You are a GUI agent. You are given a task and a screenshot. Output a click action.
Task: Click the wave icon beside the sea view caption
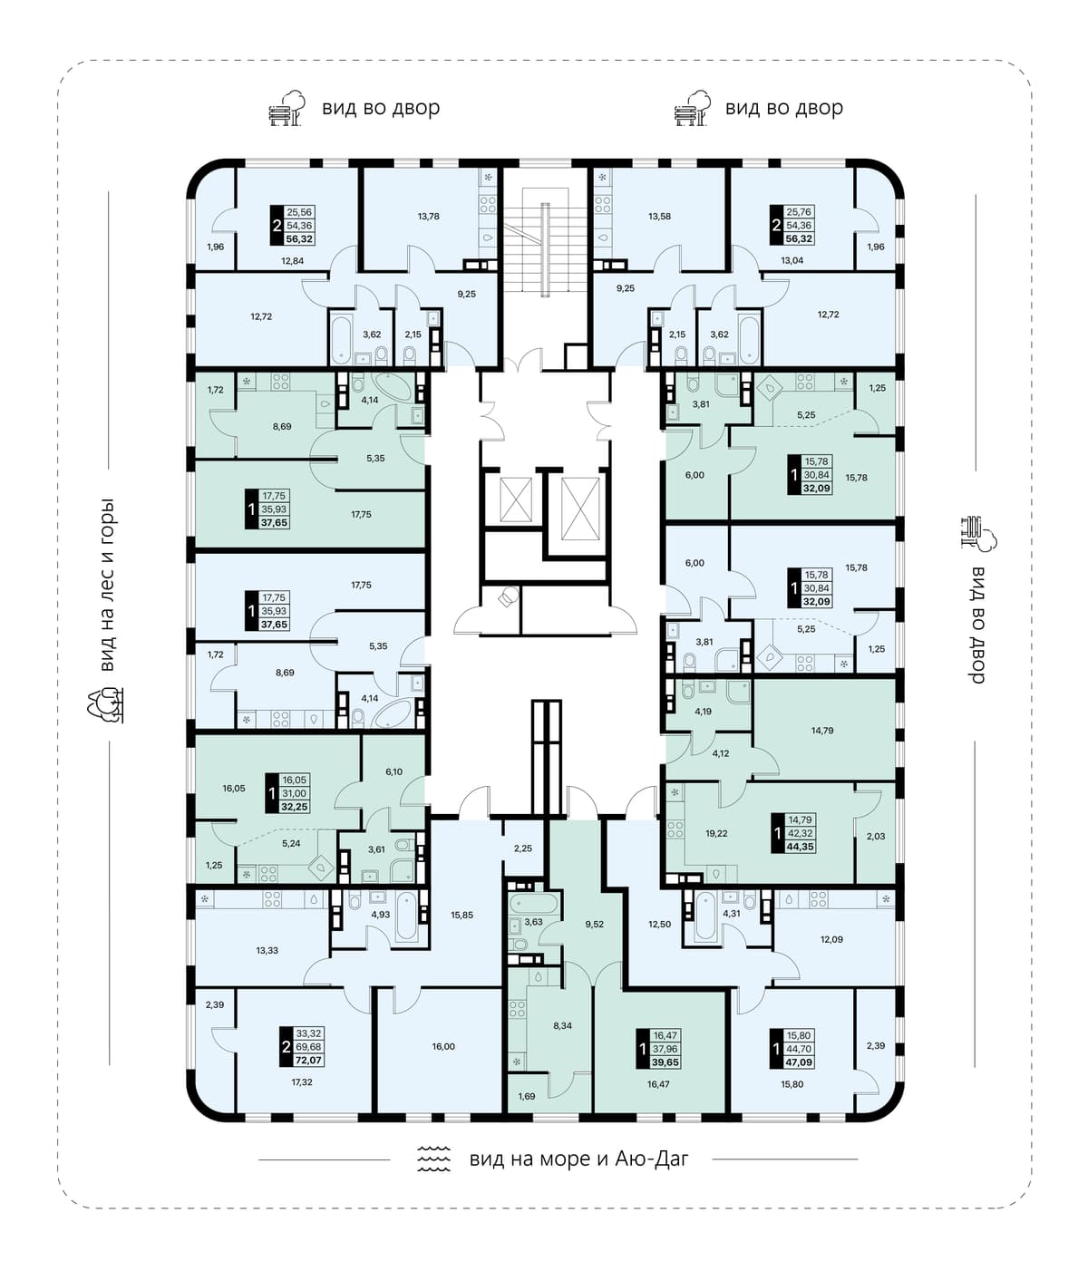pyautogui.click(x=433, y=1158)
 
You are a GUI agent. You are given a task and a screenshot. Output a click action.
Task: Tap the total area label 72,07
pyautogui.click(x=309, y=1061)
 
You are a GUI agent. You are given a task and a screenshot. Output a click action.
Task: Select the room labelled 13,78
pyautogui.click(x=429, y=216)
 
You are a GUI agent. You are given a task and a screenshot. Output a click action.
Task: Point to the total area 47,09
pyautogui.click(x=800, y=1062)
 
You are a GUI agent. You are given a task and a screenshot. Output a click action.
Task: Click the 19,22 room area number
pyautogui.click(x=716, y=833)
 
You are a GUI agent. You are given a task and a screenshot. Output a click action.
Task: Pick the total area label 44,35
pyautogui.click(x=800, y=847)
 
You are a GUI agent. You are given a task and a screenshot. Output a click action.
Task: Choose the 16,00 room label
pyautogui.click(x=443, y=1046)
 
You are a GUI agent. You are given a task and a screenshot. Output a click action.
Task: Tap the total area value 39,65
pyautogui.click(x=666, y=1062)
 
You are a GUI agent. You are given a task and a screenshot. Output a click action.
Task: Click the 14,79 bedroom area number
pyautogui.click(x=822, y=730)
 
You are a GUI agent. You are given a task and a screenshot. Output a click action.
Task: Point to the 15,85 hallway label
pyautogui.click(x=462, y=915)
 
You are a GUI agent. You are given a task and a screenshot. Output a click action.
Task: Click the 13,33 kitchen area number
pyautogui.click(x=267, y=950)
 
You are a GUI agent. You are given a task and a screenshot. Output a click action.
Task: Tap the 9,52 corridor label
pyautogui.click(x=594, y=924)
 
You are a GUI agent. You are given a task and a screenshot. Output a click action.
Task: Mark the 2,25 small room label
pyautogui.click(x=522, y=848)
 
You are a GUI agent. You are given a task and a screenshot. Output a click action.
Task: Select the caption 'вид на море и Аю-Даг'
pyautogui.click(x=579, y=1159)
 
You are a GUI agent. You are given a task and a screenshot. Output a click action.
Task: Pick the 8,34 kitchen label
pyautogui.click(x=562, y=1025)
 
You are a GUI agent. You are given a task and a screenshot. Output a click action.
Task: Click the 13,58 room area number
pyautogui.click(x=659, y=216)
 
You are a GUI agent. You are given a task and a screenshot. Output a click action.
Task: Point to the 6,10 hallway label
pyautogui.click(x=393, y=771)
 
